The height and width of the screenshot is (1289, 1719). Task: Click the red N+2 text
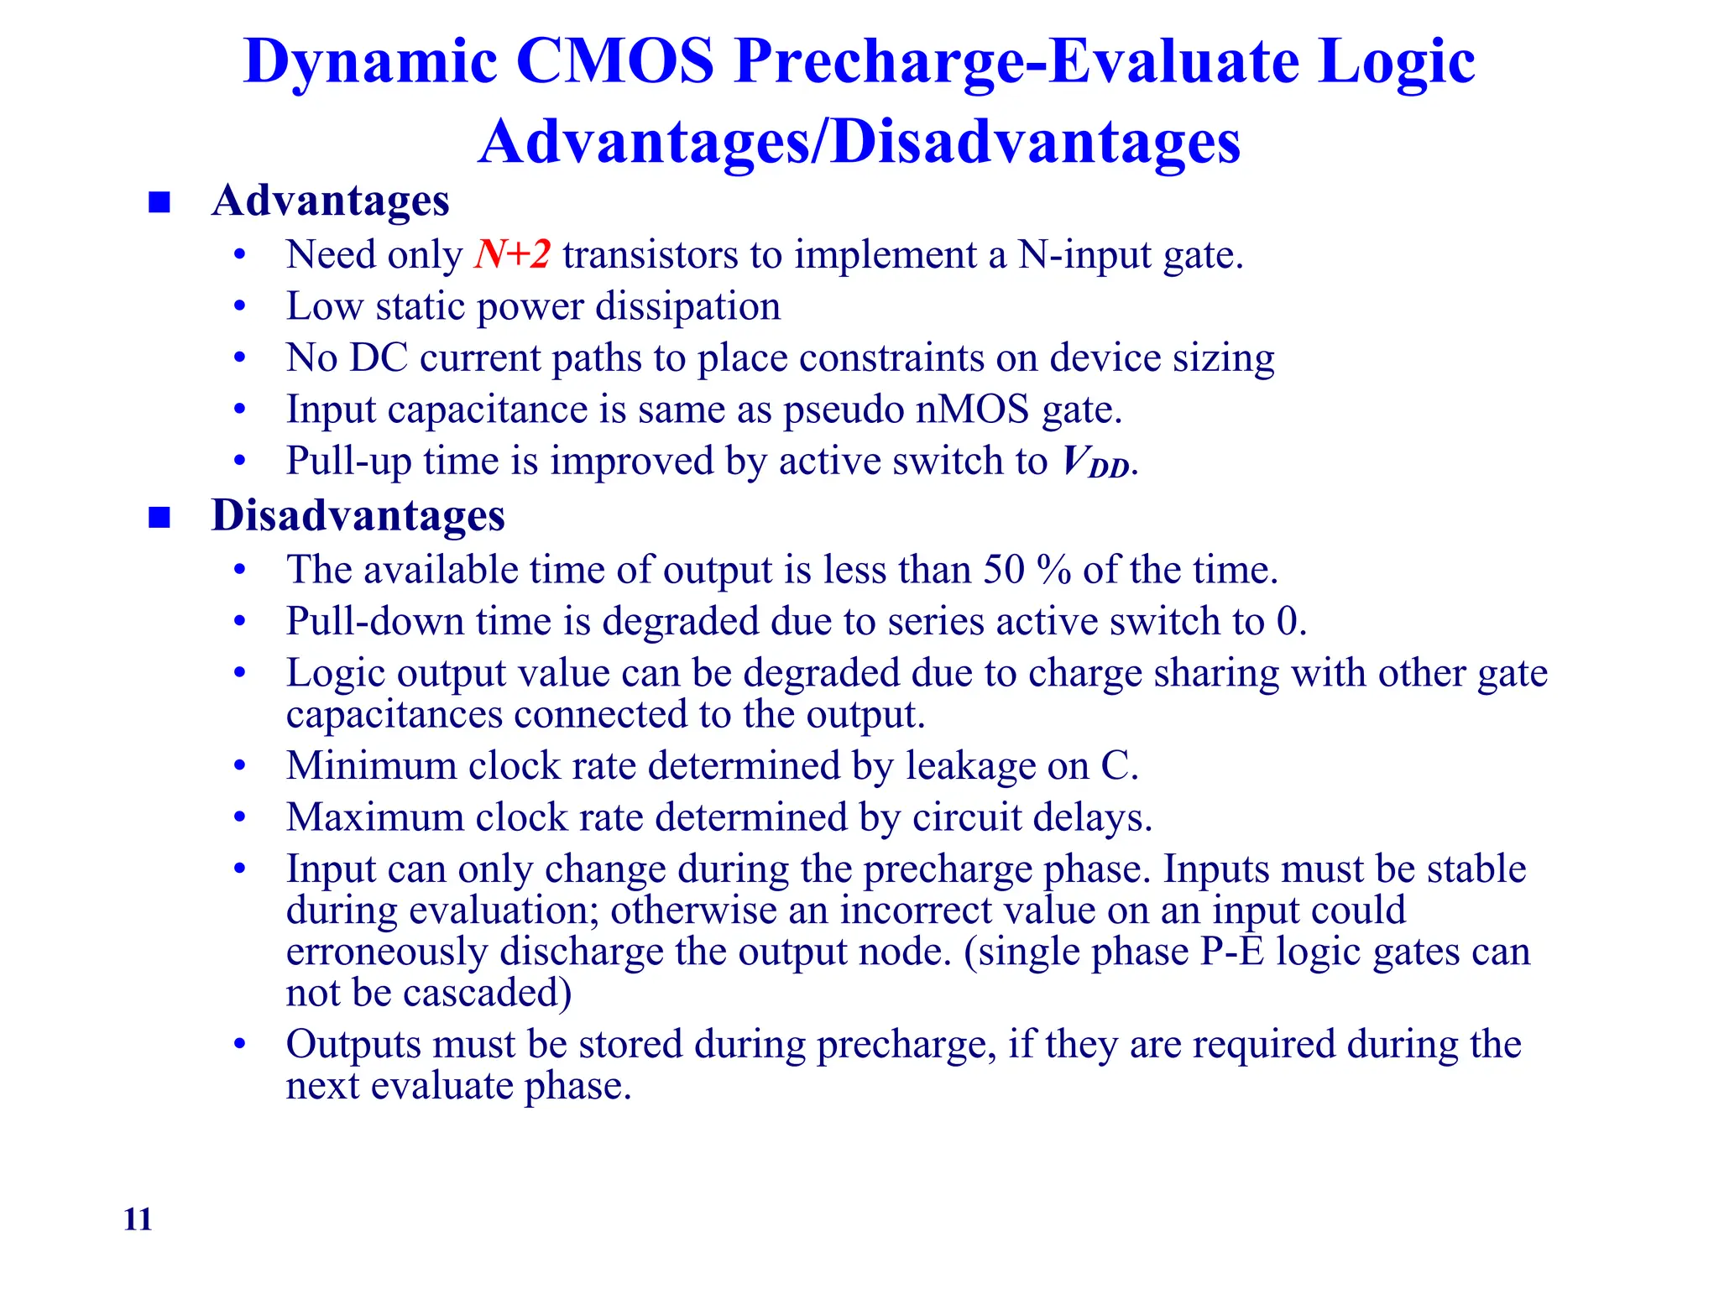pos(512,254)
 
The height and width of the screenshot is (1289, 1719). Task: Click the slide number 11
pos(138,1219)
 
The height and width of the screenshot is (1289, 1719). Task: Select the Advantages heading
pos(331,201)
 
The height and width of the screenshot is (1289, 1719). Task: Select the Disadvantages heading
pos(358,515)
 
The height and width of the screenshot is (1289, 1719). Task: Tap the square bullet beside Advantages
pos(159,202)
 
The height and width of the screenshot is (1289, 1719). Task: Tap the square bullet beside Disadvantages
pos(159,517)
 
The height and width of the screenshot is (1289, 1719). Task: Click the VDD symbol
pos(1095,462)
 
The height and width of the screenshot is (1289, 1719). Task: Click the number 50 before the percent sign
pos(1004,570)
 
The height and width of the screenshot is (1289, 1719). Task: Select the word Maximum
pos(374,817)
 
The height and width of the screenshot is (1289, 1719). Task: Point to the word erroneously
pos(387,952)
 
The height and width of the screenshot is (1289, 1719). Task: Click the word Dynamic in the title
pos(370,63)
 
